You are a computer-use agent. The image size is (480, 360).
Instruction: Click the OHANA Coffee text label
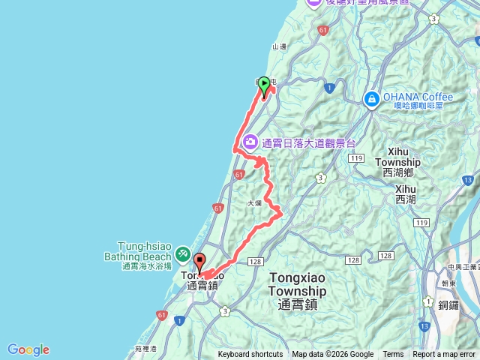tap(418, 97)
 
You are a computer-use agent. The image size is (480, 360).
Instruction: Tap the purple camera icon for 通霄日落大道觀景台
tap(249, 141)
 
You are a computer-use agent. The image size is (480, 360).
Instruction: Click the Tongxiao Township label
tap(297, 284)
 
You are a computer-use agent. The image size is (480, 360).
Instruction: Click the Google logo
tap(28, 349)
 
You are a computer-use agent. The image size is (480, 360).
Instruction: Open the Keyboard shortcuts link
tap(250, 355)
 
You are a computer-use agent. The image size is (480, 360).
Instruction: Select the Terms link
tap(393, 355)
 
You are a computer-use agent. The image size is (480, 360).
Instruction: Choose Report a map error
tap(444, 355)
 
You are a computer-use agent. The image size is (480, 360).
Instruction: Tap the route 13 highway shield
tap(425, 327)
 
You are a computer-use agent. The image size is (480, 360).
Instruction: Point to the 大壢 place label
tap(253, 203)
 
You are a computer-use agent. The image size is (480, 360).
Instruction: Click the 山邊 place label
tap(279, 46)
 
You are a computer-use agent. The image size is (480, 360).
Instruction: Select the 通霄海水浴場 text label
tap(147, 266)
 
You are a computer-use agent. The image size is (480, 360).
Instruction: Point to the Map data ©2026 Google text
tap(332, 355)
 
